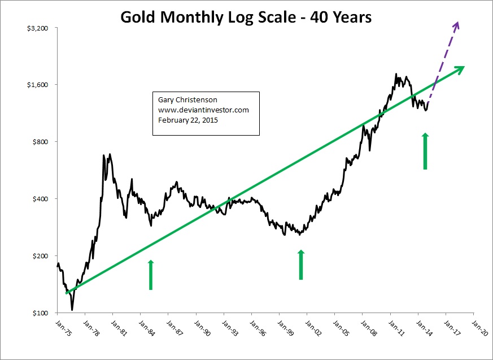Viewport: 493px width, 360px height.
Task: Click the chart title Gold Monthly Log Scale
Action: pos(246,18)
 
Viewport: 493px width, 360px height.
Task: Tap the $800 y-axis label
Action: pos(42,142)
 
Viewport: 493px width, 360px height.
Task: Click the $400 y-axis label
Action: pos(42,199)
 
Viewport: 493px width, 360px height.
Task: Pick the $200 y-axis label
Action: pos(42,256)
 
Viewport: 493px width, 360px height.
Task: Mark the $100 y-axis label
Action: pos(42,313)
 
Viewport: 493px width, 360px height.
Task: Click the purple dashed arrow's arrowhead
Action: pos(457,25)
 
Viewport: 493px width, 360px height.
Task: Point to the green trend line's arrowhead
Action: pos(460,68)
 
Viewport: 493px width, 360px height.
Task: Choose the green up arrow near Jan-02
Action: pos(301,264)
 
